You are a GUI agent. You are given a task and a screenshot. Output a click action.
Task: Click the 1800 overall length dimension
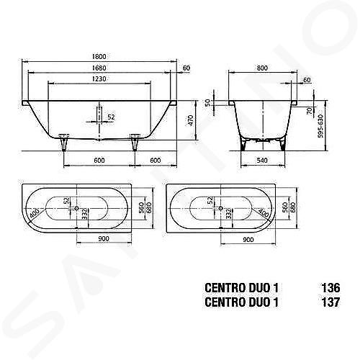[99, 57]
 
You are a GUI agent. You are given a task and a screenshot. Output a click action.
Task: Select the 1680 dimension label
[99, 68]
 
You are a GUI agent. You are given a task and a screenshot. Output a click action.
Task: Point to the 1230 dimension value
[99, 78]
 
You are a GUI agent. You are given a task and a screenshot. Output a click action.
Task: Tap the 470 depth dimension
[190, 121]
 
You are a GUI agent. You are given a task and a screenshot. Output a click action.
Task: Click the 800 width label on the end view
[262, 68]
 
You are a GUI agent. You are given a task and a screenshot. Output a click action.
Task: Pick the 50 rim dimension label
[208, 102]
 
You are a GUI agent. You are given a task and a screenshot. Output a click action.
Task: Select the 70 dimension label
[310, 110]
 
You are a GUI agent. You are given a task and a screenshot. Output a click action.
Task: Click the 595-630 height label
[320, 126]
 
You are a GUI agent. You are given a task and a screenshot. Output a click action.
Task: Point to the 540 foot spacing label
[262, 160]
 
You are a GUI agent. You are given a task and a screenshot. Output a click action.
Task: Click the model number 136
[330, 288]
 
